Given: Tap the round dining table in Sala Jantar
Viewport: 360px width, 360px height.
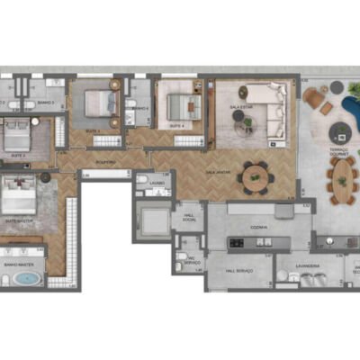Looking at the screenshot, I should pyautogui.click(x=255, y=177).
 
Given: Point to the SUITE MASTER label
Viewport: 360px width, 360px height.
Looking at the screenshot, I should pyautogui.click(x=18, y=219).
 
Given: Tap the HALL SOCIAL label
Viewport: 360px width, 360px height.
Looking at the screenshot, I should pyautogui.click(x=188, y=217).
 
